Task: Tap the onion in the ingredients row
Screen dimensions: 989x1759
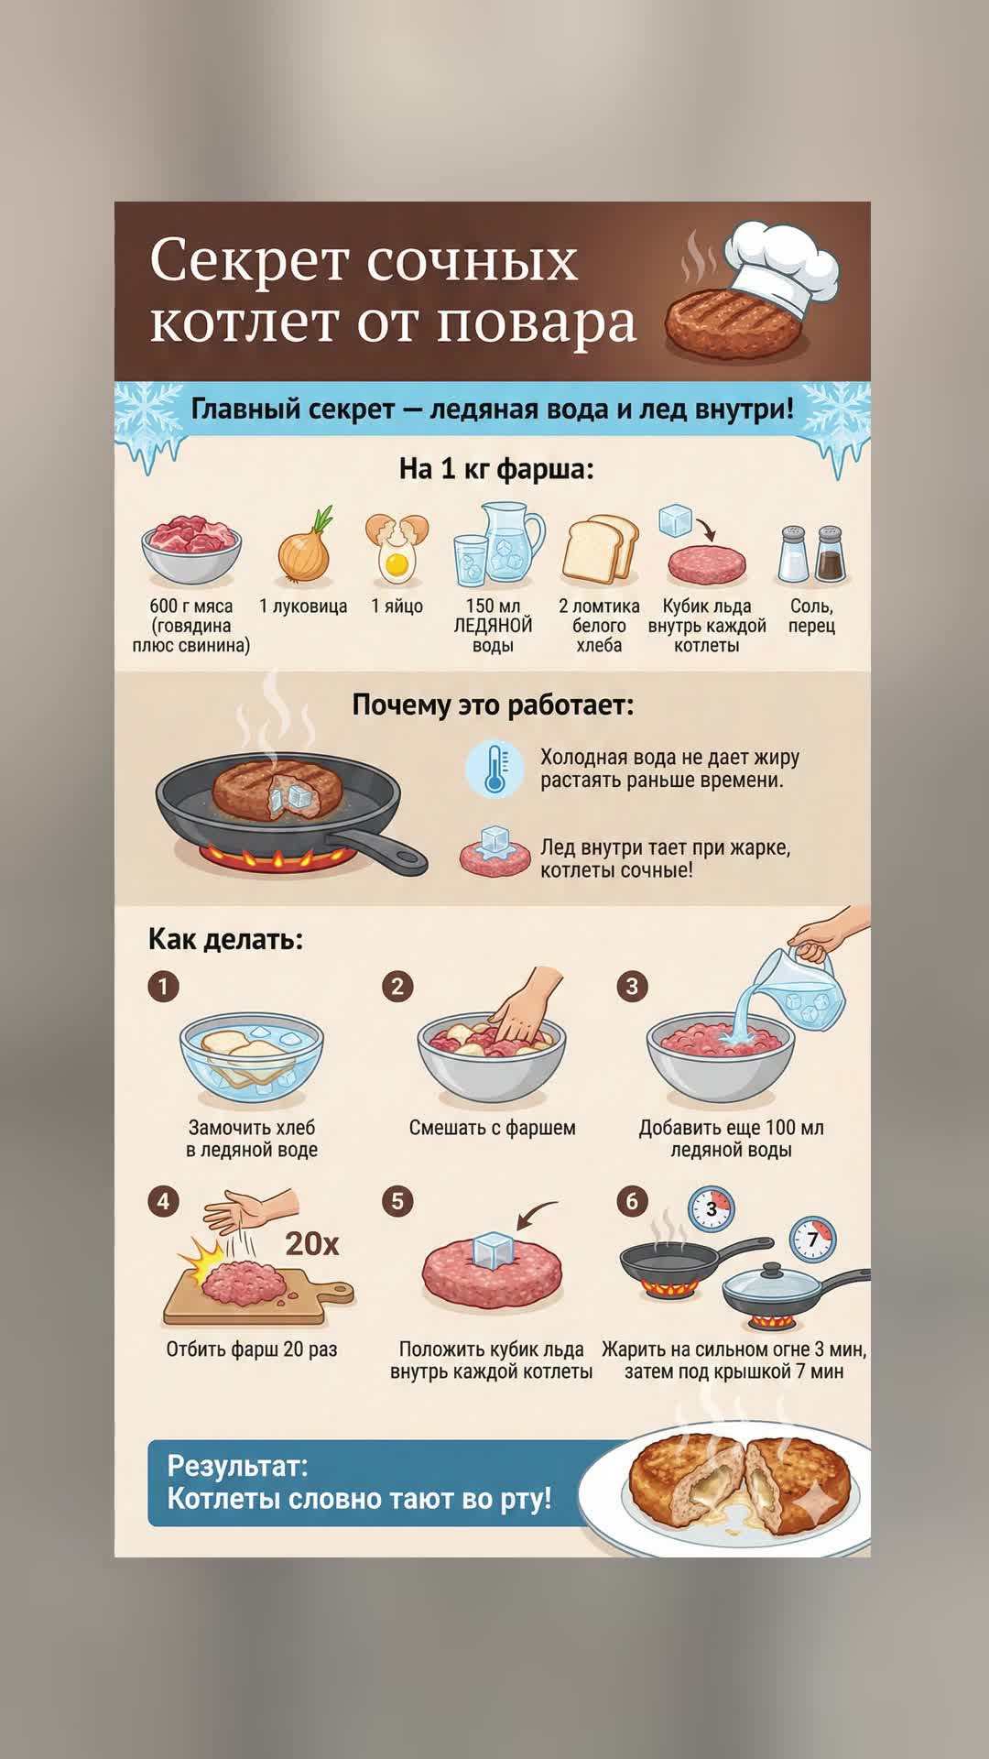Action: click(305, 548)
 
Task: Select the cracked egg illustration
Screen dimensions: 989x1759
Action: click(397, 549)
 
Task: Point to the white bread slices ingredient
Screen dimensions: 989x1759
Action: click(600, 550)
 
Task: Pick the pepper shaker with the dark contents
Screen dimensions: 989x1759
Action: click(830, 554)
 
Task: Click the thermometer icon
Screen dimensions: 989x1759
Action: click(494, 769)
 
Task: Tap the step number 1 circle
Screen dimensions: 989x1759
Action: click(163, 986)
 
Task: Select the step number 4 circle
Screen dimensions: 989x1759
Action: click(163, 1201)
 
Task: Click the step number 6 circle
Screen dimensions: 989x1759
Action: click(631, 1201)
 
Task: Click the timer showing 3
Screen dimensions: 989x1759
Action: click(712, 1210)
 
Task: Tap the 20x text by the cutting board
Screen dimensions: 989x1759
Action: click(311, 1243)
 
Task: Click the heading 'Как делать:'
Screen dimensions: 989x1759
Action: click(225, 939)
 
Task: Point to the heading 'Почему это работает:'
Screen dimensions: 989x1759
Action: click(493, 705)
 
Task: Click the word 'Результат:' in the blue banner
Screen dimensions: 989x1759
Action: click(237, 1466)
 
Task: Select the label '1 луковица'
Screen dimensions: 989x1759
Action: click(303, 606)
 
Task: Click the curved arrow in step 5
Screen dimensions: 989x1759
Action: click(538, 1215)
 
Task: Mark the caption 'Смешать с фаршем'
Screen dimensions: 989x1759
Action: click(493, 1128)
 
